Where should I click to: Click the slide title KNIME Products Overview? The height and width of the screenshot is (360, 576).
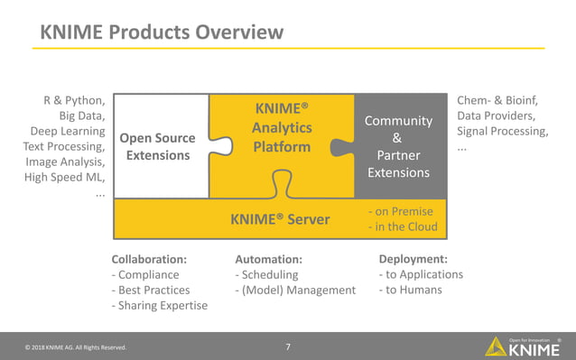(162, 32)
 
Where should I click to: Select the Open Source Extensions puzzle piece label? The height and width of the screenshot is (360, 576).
(157, 146)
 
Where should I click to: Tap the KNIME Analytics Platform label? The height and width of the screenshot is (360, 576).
(281, 128)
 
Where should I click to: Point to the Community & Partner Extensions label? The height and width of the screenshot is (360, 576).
(397, 146)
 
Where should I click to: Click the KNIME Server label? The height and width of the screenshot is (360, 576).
(280, 219)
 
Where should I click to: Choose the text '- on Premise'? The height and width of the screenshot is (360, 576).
(401, 211)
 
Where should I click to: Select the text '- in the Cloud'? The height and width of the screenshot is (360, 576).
(403, 226)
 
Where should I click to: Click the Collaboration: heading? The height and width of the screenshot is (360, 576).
(149, 258)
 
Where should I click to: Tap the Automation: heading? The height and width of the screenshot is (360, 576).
(268, 258)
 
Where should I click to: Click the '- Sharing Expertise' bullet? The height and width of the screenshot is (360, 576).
(159, 305)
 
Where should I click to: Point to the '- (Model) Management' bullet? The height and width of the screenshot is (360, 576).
(295, 290)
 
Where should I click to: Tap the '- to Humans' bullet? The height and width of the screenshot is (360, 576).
(411, 290)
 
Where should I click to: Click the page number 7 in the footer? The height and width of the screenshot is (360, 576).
(287, 346)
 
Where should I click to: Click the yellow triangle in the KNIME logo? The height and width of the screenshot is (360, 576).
(497, 346)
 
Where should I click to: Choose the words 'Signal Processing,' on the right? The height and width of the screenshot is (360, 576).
(502, 131)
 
